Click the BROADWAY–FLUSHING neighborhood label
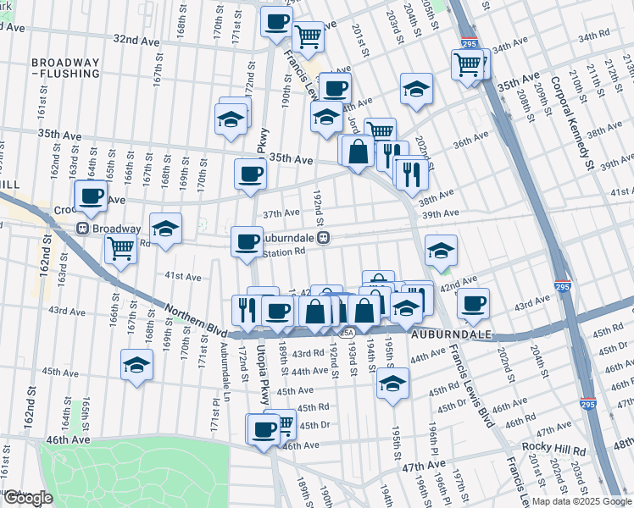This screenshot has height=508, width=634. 65,69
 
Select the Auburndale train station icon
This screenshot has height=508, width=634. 324,239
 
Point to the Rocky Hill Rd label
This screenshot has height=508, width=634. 549,447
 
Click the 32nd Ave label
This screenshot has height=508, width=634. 136,40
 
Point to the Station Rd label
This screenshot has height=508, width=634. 283,251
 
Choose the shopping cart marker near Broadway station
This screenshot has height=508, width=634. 121,249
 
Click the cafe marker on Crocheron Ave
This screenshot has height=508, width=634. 92,197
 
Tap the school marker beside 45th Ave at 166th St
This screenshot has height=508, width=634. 136,365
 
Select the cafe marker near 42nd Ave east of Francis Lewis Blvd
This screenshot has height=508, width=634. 473,301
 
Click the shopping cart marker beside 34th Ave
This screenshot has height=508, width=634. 468,63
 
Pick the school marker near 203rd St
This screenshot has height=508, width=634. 416,87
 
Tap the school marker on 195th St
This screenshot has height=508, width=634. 392,383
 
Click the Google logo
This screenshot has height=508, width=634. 28,498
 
